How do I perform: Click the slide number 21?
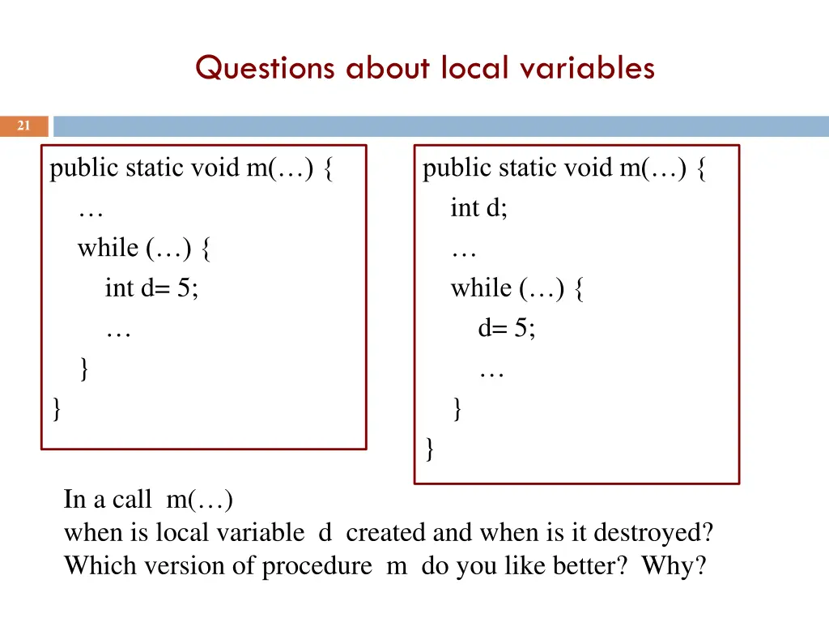(x=23, y=126)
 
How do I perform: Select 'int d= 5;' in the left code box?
(x=151, y=288)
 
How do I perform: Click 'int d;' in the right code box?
(x=479, y=208)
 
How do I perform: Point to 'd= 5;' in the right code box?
(x=507, y=328)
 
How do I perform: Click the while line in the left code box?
(x=146, y=248)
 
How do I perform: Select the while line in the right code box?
(x=518, y=288)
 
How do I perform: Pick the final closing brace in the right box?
(x=429, y=448)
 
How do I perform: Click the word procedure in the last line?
(x=317, y=565)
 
